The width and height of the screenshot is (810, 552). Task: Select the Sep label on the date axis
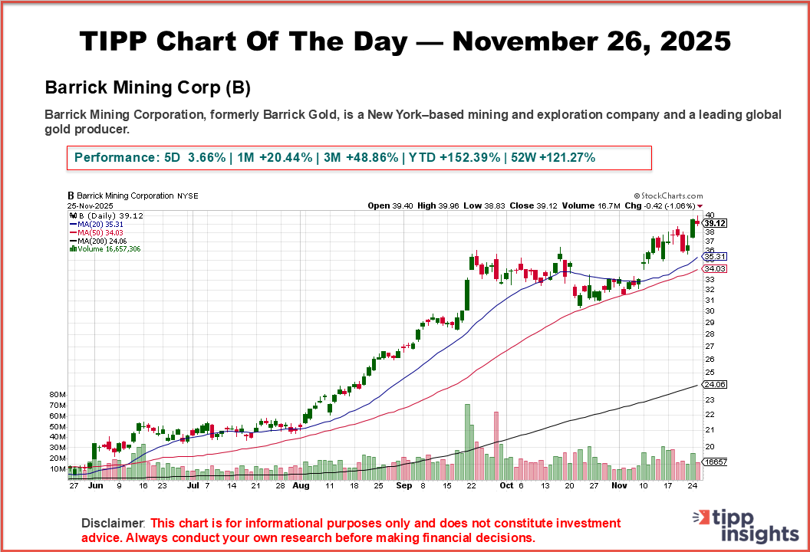point(405,485)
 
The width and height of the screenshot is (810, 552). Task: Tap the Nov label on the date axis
point(620,485)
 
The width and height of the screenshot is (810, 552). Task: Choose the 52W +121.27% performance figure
point(552,157)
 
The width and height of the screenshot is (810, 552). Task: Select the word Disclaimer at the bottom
point(113,523)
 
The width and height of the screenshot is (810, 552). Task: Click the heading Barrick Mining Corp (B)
point(148,87)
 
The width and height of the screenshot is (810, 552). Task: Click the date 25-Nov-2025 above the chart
point(91,205)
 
